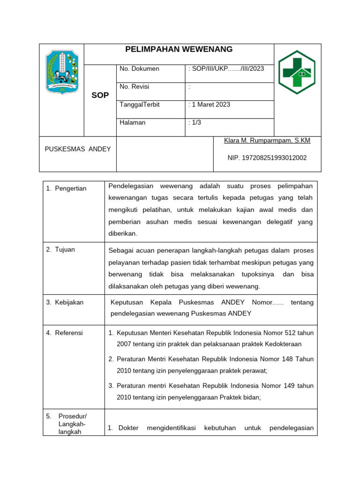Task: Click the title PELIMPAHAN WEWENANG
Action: click(179, 50)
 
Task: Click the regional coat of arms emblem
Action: click(61, 73)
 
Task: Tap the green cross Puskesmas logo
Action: click(297, 72)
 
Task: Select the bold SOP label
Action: click(100, 95)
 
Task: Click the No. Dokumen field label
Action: click(139, 69)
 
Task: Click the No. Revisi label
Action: click(135, 87)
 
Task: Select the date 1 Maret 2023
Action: click(210, 105)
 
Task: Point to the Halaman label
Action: click(133, 122)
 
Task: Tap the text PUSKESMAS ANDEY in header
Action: click(78, 149)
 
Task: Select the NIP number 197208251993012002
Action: click(267, 158)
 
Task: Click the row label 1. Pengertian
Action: click(66, 188)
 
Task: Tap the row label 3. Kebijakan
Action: click(65, 302)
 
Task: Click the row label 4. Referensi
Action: click(64, 333)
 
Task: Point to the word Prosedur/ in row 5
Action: click(73, 416)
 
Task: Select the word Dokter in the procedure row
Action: click(128, 428)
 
